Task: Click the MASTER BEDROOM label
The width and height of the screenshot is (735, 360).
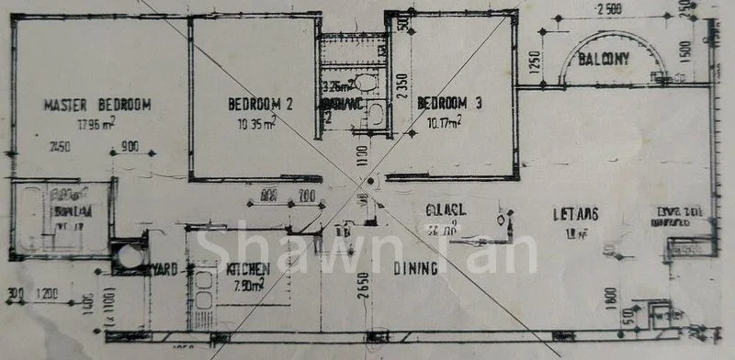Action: point(97,105)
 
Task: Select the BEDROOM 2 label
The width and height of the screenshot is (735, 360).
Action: point(260,104)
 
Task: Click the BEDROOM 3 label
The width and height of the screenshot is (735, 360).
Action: point(450,103)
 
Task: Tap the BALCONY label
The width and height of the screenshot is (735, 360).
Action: point(604,61)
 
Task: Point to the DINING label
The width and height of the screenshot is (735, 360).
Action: point(414,269)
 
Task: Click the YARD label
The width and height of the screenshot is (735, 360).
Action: point(165,270)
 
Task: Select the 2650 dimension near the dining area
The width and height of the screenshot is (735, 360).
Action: point(364,287)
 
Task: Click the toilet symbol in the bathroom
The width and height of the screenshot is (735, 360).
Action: point(366,83)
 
